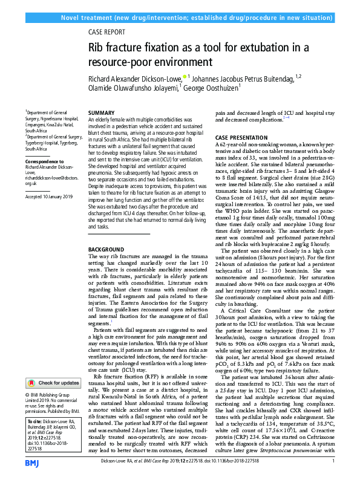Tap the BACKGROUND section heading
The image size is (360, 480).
[105, 250]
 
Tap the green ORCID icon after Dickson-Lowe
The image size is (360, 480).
[185, 76]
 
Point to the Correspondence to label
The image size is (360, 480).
[45, 163]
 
